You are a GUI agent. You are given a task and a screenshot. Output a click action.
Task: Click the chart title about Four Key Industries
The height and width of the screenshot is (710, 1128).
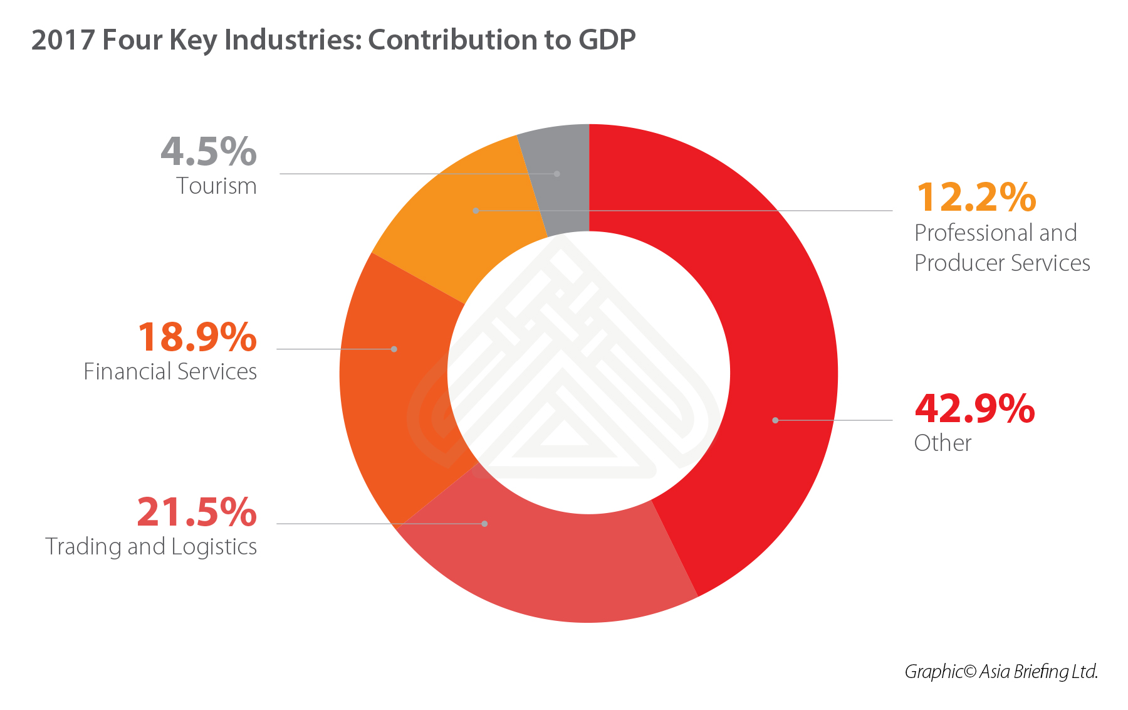(x=333, y=40)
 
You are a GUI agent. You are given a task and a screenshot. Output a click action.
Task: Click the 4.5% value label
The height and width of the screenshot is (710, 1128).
(x=209, y=152)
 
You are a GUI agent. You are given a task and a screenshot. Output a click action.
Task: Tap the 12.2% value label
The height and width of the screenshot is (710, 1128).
(x=976, y=198)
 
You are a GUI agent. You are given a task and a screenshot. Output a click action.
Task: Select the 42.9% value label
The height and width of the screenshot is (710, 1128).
(x=974, y=409)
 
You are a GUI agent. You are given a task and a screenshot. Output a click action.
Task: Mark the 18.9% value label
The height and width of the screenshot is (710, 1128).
(x=197, y=337)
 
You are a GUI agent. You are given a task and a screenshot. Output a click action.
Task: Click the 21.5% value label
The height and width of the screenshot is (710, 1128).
(x=197, y=512)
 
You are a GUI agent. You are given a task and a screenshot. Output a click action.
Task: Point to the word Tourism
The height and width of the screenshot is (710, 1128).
(x=216, y=186)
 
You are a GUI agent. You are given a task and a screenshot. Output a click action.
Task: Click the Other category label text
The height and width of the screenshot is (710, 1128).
(x=943, y=443)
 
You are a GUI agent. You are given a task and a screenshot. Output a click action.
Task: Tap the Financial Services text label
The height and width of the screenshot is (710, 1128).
(x=170, y=372)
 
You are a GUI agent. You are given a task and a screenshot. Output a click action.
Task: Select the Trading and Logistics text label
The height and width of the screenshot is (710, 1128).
(x=151, y=547)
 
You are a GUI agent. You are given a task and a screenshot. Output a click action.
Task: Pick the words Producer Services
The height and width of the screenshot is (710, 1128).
(x=1002, y=263)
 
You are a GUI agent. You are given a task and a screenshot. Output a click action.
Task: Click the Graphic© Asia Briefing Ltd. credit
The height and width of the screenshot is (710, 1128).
(x=1001, y=672)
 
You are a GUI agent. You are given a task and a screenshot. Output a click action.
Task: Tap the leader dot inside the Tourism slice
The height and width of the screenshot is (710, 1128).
(x=557, y=174)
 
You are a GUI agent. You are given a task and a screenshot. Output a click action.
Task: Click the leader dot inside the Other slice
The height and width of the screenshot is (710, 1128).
(x=775, y=420)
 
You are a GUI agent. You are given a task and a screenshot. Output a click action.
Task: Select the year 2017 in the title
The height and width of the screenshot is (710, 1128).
(x=63, y=40)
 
